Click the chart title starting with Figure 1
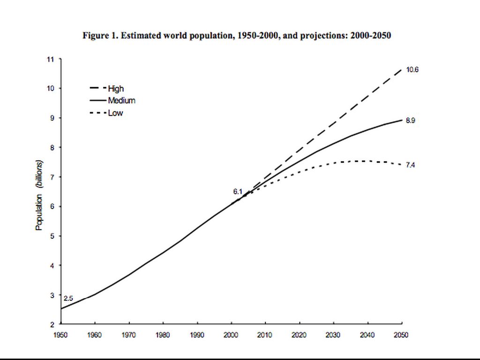coord(237,36)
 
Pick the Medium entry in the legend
coord(121,100)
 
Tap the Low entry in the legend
coord(115,113)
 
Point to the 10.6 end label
coord(412,70)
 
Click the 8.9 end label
coord(410,120)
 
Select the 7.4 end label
coord(410,165)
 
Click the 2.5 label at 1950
coord(68,298)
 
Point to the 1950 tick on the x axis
coord(61,335)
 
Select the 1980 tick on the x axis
coord(163,335)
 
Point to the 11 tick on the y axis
coord(50,59)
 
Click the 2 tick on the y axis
coord(52,324)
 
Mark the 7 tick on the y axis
coord(52,177)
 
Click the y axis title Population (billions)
coord(39,195)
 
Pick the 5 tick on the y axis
coord(52,236)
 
